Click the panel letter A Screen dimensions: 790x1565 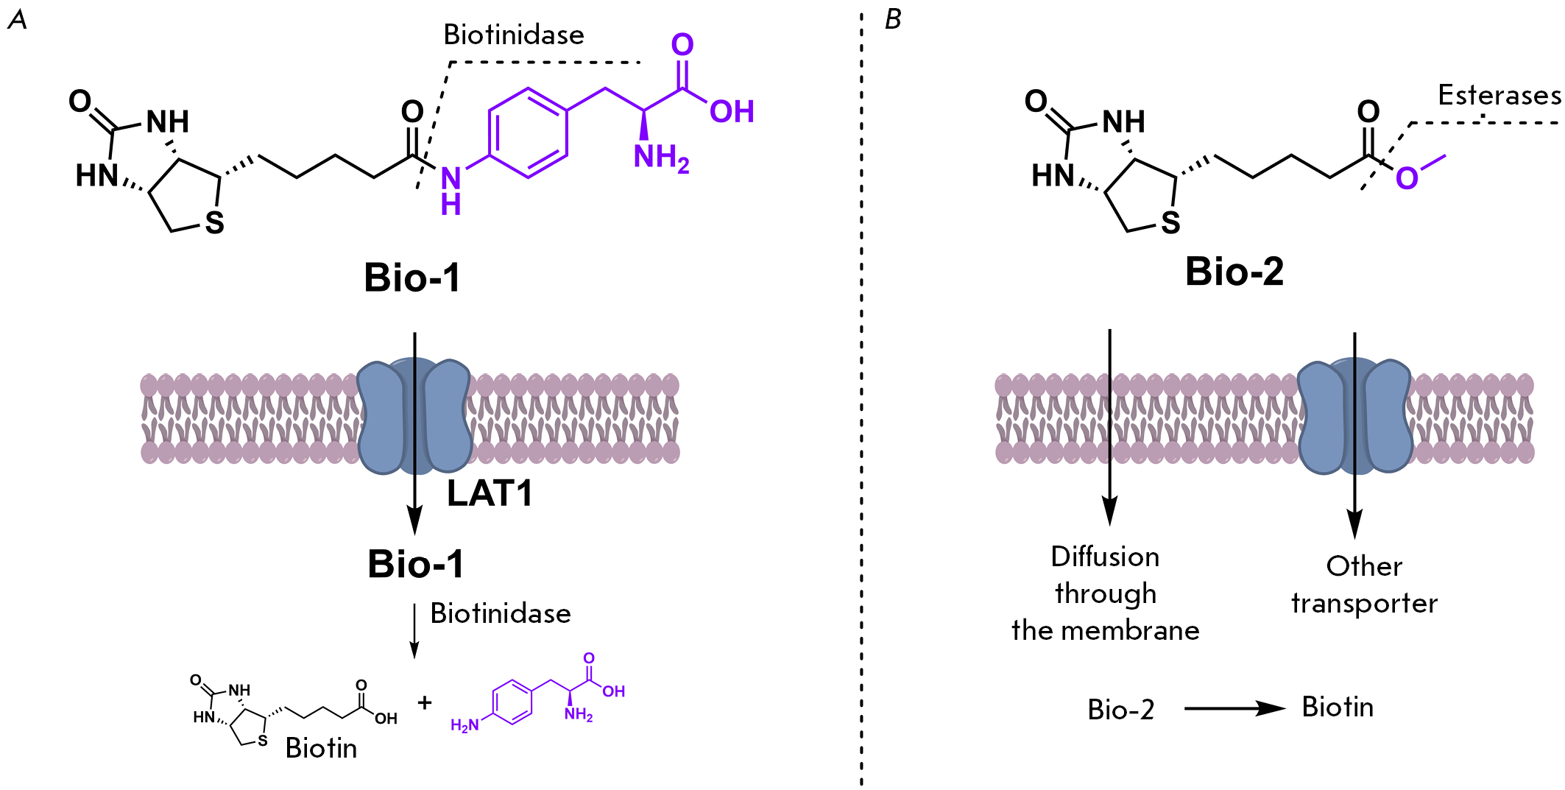coord(17,20)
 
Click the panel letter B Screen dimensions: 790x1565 coord(893,20)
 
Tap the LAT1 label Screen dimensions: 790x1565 coord(490,493)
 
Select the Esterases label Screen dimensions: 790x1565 coord(1499,96)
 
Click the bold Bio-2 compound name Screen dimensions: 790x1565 coord(1234,272)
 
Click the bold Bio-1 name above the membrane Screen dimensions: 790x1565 coord(412,278)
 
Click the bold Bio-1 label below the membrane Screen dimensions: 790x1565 coord(416,565)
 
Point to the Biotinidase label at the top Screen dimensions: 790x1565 coord(514,35)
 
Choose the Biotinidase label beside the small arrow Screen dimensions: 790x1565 coord(501,613)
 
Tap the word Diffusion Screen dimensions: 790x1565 coord(1105,557)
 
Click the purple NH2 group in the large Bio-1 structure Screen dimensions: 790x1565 coord(660,157)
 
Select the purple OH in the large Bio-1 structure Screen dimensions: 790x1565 coord(732,112)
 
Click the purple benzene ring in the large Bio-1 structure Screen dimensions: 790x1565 coord(528,133)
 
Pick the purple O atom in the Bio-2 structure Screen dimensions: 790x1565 coord(1407,178)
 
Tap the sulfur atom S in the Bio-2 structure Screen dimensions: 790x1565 coord(1170,222)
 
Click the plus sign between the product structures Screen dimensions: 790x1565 coord(424,702)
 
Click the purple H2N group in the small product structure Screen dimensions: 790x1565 coord(464,726)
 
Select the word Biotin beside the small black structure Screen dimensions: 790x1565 coord(321,749)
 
